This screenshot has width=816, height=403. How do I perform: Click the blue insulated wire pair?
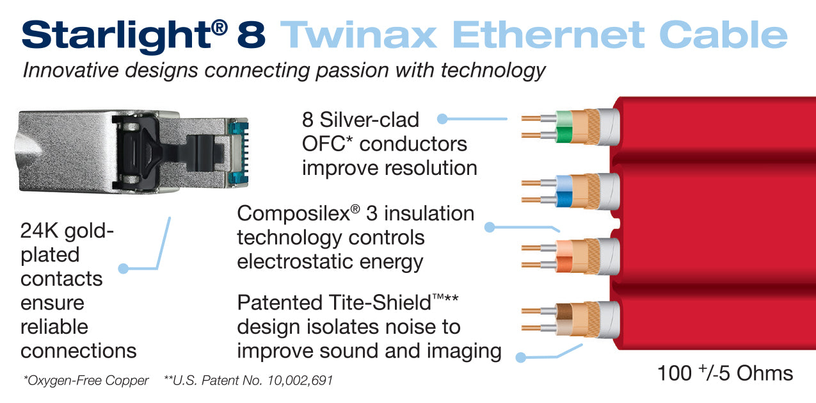click(563, 192)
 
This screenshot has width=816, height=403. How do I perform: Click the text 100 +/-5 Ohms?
click(724, 373)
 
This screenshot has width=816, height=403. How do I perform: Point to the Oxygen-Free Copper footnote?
click(86, 381)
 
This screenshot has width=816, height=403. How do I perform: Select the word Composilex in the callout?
click(291, 214)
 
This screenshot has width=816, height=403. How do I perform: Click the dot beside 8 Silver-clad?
click(442, 119)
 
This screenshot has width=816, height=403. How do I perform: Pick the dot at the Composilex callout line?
click(490, 227)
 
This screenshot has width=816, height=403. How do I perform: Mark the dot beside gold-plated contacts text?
click(124, 268)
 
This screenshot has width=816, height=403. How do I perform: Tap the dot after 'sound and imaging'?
click(521, 358)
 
